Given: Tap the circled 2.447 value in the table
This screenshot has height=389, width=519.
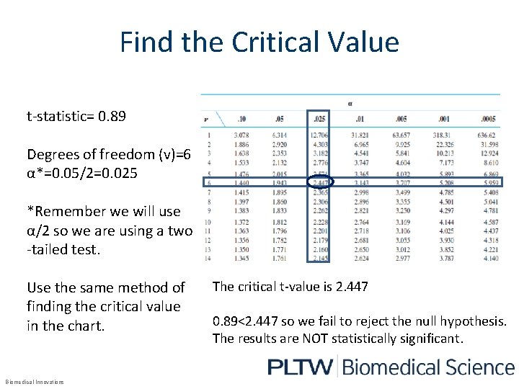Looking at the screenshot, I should [x=320, y=184].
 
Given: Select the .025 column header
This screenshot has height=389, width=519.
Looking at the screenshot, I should [x=319, y=119].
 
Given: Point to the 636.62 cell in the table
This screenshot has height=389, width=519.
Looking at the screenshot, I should [x=486, y=135].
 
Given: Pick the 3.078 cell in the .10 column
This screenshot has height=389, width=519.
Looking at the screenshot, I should [x=241, y=135].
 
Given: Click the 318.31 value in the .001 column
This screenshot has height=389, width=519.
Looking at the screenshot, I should [x=442, y=135].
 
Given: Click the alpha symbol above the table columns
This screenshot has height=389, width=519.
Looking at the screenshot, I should [x=350, y=103].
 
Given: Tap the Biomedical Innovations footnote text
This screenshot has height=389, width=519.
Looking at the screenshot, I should [x=34, y=382].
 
